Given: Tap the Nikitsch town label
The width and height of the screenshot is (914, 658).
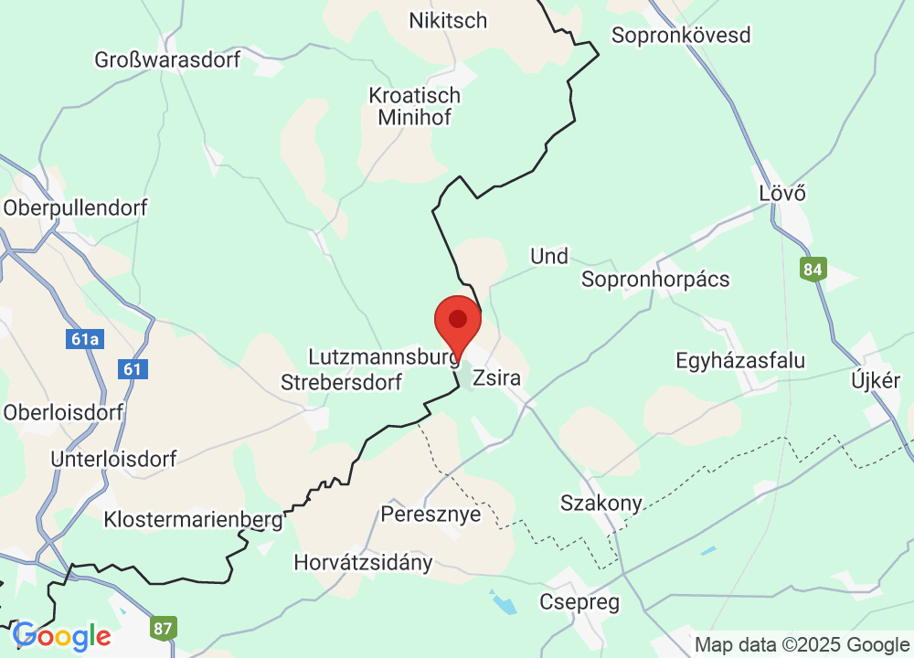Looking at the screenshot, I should tap(448, 20).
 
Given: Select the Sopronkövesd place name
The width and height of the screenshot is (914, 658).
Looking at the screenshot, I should tap(681, 36).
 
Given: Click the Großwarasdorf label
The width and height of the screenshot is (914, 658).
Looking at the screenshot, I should tap(167, 60).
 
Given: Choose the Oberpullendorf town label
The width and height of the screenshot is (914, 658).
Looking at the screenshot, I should tap(75, 207).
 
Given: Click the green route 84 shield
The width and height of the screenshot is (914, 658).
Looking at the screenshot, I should tap(813, 270).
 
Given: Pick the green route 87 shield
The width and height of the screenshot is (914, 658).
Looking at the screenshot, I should tap(164, 629).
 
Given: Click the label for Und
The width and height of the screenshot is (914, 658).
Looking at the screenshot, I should tap(549, 257).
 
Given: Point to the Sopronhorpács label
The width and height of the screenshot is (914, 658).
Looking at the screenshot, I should tap(655, 279).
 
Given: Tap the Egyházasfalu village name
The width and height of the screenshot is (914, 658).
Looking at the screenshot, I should tap(740, 360).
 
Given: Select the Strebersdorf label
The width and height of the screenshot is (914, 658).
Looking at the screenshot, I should tap(341, 382).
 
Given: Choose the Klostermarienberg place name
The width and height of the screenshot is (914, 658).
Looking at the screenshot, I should tap(193, 519).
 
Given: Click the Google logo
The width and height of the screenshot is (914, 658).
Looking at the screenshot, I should tap(61, 635).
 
